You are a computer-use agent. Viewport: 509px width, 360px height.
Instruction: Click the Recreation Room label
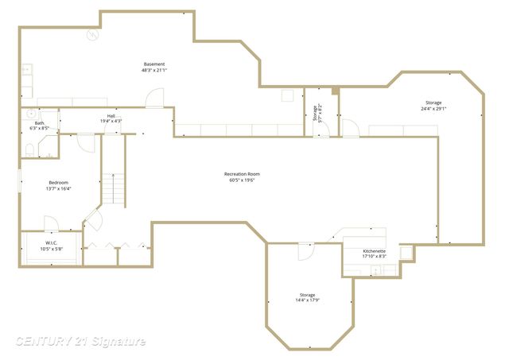click(242, 174)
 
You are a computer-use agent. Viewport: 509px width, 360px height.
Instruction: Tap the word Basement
click(154, 64)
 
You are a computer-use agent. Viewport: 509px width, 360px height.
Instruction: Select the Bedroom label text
click(59, 183)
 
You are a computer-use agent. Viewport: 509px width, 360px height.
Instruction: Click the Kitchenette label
click(375, 250)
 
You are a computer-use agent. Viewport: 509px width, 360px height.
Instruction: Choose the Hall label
click(111, 116)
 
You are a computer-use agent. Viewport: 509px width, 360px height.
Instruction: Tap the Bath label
click(39, 123)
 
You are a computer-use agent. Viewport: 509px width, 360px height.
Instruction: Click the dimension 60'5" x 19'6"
click(242, 180)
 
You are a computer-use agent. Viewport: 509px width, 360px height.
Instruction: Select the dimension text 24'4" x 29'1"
click(433, 109)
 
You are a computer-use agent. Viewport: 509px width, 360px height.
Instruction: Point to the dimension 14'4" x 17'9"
click(308, 300)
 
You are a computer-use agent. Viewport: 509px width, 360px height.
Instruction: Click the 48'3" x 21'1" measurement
click(154, 71)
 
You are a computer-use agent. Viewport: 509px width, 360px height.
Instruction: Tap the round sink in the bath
click(32, 114)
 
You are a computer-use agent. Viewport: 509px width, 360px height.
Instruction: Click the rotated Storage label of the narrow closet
click(315, 111)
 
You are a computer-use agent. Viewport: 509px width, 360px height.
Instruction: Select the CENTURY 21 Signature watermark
click(80, 342)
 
